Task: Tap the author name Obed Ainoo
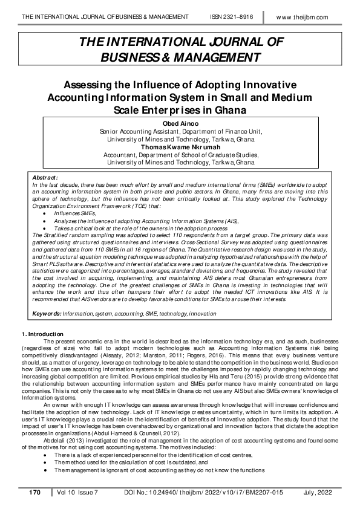point(180,123)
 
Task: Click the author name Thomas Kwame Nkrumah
point(180,146)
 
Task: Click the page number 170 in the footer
point(34,493)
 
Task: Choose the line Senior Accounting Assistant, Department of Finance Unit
point(180,131)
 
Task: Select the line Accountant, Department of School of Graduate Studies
point(180,154)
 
